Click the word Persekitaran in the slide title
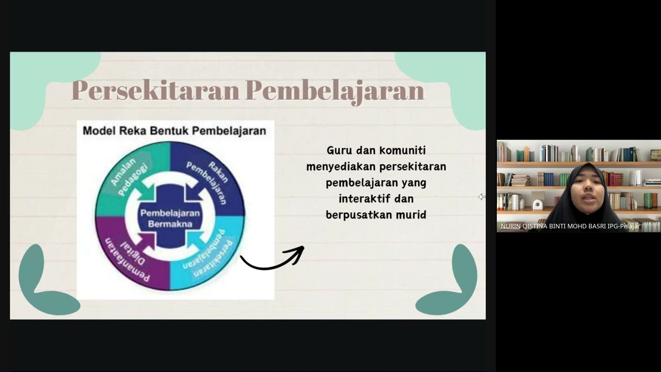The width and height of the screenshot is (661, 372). (x=155, y=91)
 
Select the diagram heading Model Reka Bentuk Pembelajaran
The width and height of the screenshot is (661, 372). (x=175, y=131)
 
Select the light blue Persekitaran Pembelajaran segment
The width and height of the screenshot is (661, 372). (x=212, y=256)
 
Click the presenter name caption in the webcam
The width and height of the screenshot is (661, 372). (x=570, y=226)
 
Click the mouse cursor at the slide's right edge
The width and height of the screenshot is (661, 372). (x=481, y=197)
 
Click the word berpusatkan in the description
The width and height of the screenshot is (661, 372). (x=358, y=214)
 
